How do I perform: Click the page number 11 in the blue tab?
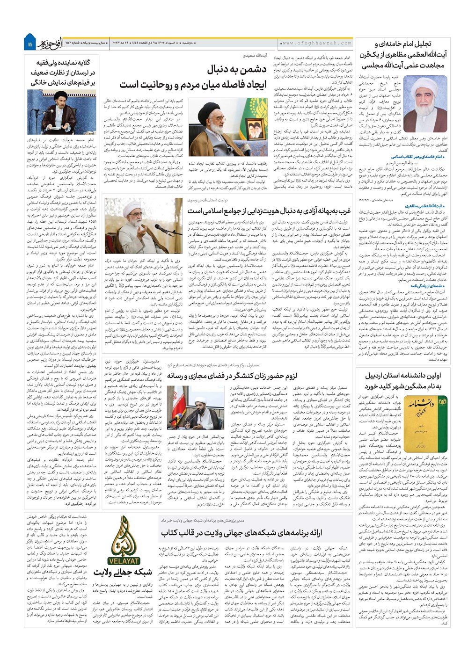pyautogui.click(x=30, y=44)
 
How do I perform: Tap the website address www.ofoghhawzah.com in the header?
pyautogui.click(x=316, y=43)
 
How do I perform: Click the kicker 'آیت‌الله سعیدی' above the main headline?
pyautogui.click(x=258, y=55)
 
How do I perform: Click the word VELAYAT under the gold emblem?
pyautogui.click(x=124, y=559)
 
